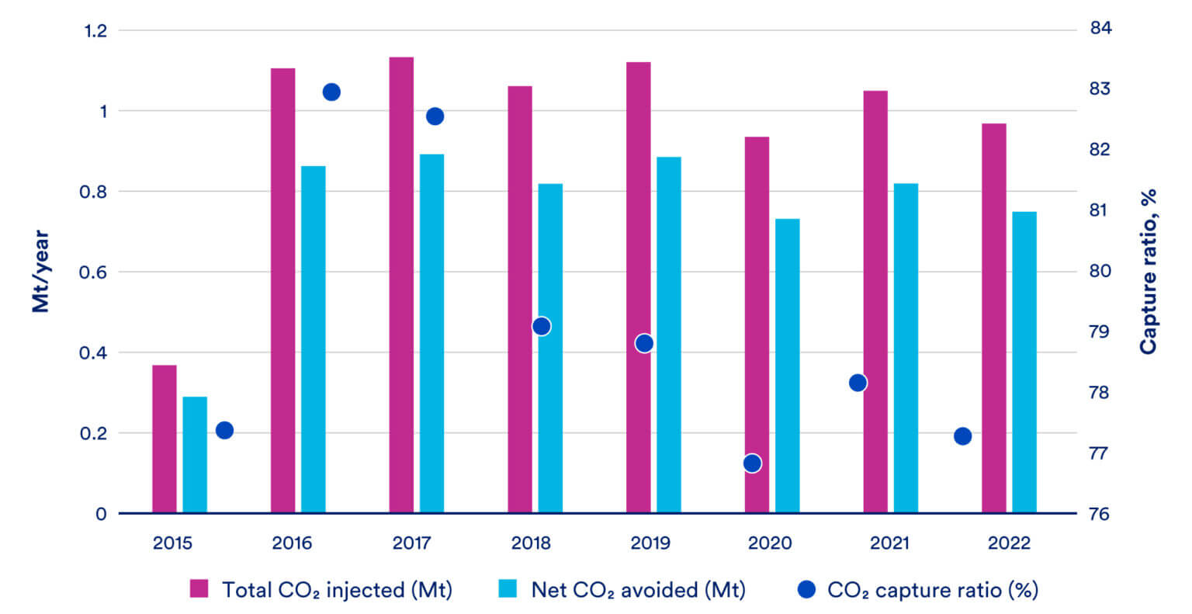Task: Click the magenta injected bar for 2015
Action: [x=164, y=439]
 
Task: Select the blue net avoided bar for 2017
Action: [x=431, y=334]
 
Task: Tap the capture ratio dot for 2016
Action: [x=331, y=92]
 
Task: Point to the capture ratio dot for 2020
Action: [x=752, y=463]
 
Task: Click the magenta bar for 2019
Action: [x=638, y=287]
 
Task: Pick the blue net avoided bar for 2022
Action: [x=1024, y=362]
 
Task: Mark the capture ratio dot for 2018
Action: [x=542, y=326]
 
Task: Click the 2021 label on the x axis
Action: [x=889, y=543]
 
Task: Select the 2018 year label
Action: [x=531, y=543]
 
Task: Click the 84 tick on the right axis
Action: [x=1100, y=29]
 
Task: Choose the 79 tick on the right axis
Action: [x=1100, y=332]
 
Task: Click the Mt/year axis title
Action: [x=40, y=272]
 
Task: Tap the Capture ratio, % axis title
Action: [x=1148, y=272]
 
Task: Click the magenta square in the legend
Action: [x=199, y=590]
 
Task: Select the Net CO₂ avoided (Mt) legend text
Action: [x=638, y=590]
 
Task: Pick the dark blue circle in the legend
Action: [x=807, y=590]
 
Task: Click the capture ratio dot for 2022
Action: [x=962, y=436]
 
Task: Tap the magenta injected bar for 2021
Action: [x=875, y=302]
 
